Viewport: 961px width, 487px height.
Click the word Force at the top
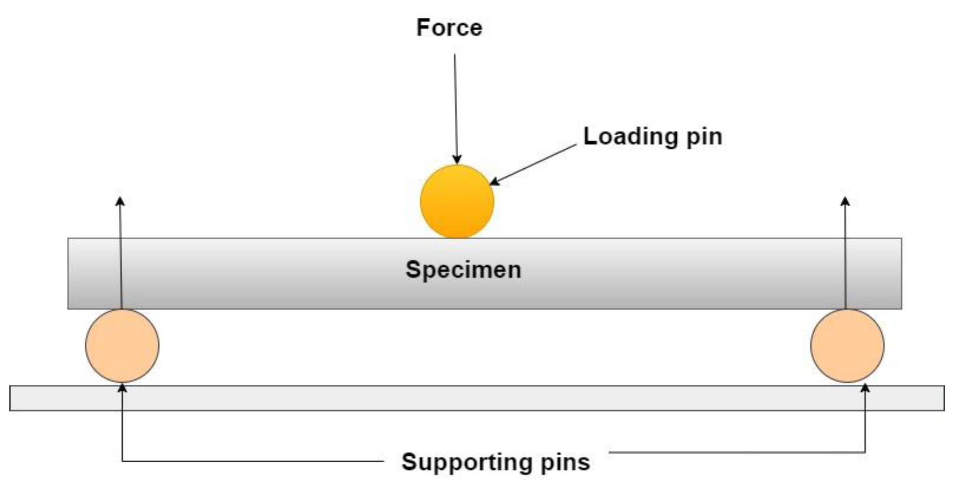[449, 28]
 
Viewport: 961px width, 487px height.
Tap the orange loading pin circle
[457, 202]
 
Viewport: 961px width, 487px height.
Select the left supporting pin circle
[122, 346]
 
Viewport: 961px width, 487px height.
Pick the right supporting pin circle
[847, 346]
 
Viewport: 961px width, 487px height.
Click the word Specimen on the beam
[463, 270]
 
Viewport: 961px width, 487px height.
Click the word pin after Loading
[704, 137]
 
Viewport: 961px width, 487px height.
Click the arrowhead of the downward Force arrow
[457, 159]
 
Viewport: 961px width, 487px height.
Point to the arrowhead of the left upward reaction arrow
[120, 201]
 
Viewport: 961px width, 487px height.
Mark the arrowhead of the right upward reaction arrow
[845, 201]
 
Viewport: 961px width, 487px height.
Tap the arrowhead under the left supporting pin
[122, 388]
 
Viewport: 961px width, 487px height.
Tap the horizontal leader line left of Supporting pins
[252, 461]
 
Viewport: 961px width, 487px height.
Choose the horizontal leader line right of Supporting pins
[736, 452]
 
